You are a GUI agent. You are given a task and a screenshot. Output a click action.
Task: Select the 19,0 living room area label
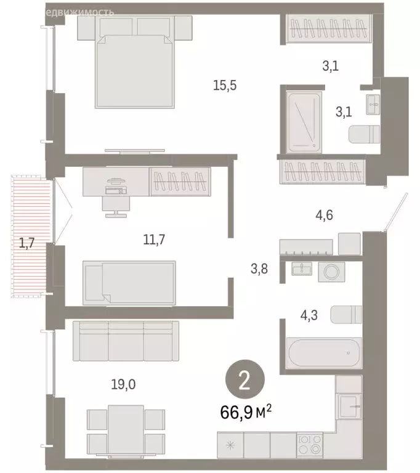pyautogui.click(x=123, y=386)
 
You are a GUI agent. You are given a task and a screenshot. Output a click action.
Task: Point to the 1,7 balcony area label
pyautogui.click(x=26, y=243)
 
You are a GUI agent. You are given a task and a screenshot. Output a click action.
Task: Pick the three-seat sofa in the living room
pyautogui.click(x=126, y=341)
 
